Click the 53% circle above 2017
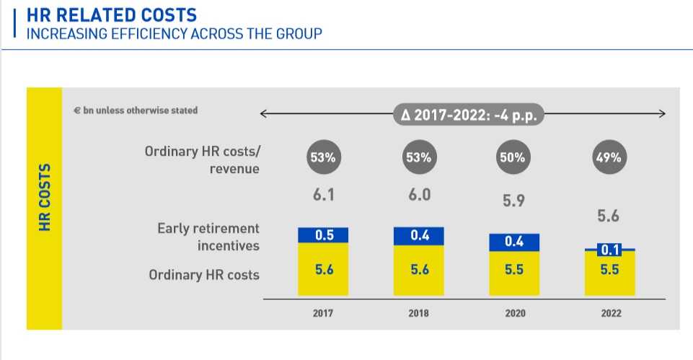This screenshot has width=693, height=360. (x=323, y=158)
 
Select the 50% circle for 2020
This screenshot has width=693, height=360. (x=513, y=158)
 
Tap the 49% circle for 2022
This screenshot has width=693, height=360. (x=609, y=158)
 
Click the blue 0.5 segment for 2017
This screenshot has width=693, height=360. (x=323, y=235)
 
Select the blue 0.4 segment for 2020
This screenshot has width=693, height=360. (x=513, y=242)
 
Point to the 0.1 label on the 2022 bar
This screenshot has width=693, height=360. (x=609, y=250)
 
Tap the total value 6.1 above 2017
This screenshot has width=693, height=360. (x=323, y=195)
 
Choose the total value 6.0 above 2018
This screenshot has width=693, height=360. (x=420, y=195)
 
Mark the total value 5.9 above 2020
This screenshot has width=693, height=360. (x=514, y=202)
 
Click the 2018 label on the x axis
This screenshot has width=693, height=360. (x=419, y=314)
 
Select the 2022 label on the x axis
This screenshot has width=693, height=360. (x=609, y=314)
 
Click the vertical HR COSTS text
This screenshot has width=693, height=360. (x=45, y=197)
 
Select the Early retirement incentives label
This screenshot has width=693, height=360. (x=208, y=237)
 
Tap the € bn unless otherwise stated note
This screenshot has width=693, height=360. (x=136, y=110)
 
